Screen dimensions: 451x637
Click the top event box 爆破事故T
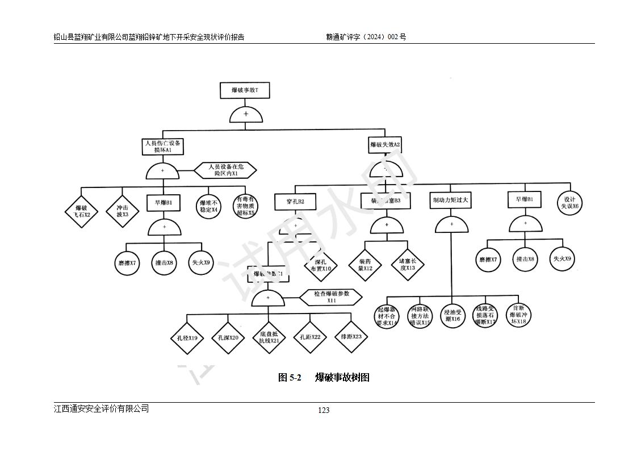tap(245, 90)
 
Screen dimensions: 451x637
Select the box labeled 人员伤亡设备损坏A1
tap(163, 147)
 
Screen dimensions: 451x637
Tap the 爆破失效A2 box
tap(385, 145)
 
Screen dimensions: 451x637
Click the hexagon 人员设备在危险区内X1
tap(225, 170)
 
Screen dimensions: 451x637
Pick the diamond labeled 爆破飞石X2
tap(80, 211)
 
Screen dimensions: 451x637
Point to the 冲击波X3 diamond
tap(122, 211)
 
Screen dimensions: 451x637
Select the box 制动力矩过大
tap(451, 201)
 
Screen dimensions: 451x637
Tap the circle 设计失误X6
tap(569, 203)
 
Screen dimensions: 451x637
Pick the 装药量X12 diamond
tap(364, 265)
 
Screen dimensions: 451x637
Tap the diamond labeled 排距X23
tap(351, 337)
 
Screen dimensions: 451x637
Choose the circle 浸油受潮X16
tap(452, 315)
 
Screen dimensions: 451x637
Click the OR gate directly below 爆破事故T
tap(246, 115)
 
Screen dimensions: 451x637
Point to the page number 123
tap(324, 410)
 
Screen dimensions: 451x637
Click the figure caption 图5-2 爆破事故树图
tap(324, 378)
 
